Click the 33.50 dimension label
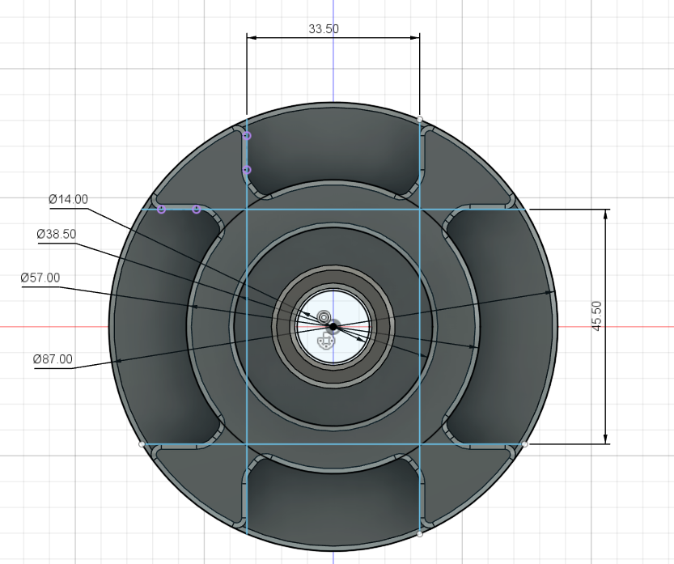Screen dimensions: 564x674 (324, 29)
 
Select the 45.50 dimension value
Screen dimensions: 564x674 (597, 316)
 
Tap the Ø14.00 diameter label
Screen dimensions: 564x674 (68, 199)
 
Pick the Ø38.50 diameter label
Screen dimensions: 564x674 (56, 234)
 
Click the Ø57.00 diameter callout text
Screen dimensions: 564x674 (40, 278)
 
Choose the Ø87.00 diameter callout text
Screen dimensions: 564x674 (53, 358)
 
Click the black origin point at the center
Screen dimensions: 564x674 (333, 326)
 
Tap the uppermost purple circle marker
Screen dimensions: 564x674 (247, 136)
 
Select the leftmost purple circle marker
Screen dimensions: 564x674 (161, 210)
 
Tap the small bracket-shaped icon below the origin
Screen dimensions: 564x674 (325, 342)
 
